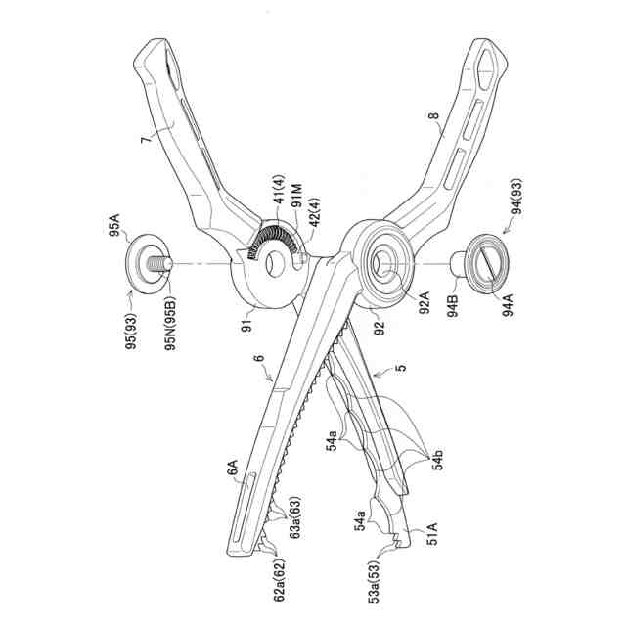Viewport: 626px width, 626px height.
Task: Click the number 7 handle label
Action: tap(149, 140)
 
